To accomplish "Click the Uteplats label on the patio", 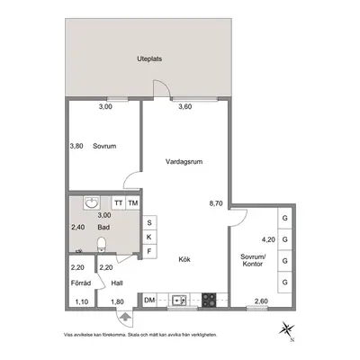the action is point(149,58).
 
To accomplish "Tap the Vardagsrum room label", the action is point(184,162).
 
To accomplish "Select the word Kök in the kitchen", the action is point(184,259).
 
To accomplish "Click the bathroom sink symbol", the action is point(92,203).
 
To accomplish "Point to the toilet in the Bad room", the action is point(102,245).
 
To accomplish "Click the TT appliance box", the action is point(119,203).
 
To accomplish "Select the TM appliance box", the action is point(132,203).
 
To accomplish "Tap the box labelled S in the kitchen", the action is point(149,223).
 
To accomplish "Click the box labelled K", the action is point(149,237).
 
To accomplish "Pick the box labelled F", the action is point(149,251).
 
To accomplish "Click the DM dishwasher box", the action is point(149,300).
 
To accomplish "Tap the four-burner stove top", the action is point(209,300).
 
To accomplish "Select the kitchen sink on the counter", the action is point(179,300).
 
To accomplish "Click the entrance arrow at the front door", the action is point(125,317).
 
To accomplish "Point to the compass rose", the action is point(286,328).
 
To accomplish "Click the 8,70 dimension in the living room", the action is point(216,203).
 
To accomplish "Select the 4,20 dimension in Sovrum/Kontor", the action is point(268,239).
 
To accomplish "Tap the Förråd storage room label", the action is point(81,283).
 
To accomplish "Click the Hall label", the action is point(117,283).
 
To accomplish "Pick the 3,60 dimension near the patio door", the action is point(185,106).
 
